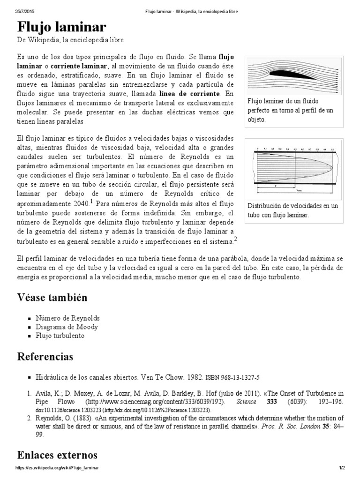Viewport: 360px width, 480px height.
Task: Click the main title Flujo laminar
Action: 62,27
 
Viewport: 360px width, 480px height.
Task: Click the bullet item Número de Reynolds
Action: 67,318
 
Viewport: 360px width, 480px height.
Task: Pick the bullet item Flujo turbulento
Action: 60,336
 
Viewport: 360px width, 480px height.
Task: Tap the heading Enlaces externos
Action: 57,455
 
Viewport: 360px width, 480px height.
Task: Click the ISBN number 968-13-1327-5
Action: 240,377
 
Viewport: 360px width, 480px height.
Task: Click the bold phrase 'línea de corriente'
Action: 190,94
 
